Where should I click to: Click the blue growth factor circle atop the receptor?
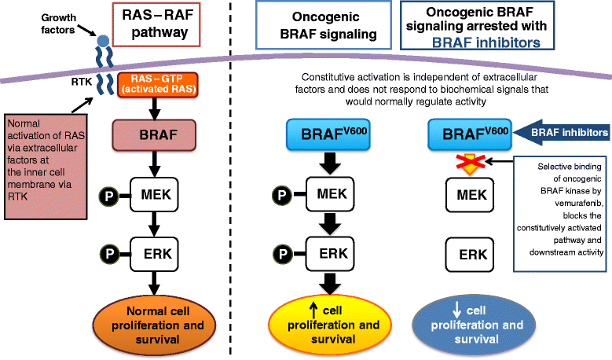tap(103, 41)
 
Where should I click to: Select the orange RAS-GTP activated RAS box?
tap(158, 84)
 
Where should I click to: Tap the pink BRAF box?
tap(154, 135)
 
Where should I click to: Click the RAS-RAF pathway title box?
tap(156, 24)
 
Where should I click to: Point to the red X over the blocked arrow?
tap(471, 161)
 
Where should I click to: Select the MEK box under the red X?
tap(470, 195)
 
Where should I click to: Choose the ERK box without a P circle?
tap(470, 255)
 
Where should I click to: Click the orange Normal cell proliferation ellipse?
tap(154, 325)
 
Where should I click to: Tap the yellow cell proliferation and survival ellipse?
tap(330, 325)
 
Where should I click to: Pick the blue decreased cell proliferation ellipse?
tap(474, 325)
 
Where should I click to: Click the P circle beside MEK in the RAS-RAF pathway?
tap(108, 197)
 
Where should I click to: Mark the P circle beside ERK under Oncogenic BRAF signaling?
tap(282, 254)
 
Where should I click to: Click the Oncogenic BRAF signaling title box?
tap(324, 25)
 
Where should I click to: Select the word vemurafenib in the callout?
tap(578, 204)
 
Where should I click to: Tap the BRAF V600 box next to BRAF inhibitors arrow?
tap(470, 134)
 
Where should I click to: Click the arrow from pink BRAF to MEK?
tap(155, 164)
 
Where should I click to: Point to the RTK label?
tap(82, 82)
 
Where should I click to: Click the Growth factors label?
tap(59, 24)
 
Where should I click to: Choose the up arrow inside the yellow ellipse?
tap(313, 310)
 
